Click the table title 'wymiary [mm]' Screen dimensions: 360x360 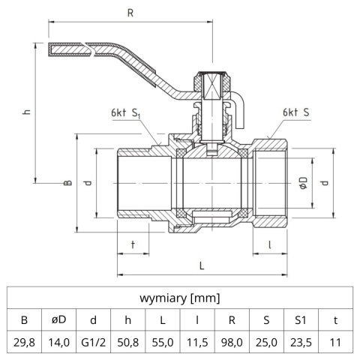[x=180, y=298]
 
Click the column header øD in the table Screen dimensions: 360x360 [x=58, y=319]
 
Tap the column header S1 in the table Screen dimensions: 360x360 [x=301, y=319]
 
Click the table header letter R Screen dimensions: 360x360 [x=232, y=319]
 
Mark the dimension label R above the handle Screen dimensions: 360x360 [x=131, y=12]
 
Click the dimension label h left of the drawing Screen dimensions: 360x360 [x=26, y=112]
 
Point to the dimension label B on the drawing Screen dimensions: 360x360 [x=67, y=182]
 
